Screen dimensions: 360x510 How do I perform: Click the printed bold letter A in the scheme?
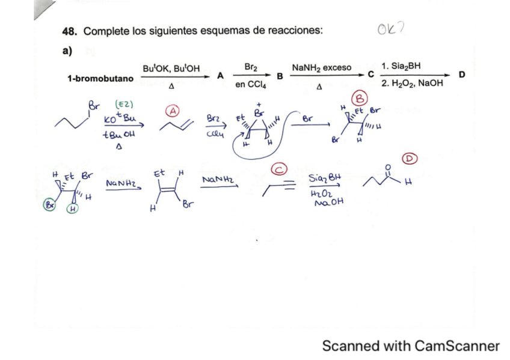220,76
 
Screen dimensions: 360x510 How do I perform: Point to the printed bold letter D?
462,75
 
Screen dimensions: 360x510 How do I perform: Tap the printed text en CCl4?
251,85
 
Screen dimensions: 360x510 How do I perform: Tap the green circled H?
72,209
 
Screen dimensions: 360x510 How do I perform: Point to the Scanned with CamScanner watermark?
411,346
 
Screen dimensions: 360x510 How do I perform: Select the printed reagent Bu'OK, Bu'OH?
171,67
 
